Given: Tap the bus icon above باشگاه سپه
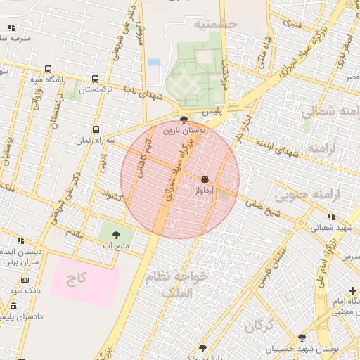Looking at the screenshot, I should (x=48, y=69).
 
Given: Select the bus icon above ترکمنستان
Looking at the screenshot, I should (x=95, y=79).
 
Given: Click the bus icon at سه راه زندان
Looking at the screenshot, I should (x=96, y=129).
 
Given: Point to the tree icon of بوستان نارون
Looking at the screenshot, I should (x=184, y=120).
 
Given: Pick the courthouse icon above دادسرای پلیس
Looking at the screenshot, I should (x=13, y=306).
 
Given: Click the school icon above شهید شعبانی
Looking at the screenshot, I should (x=331, y=217).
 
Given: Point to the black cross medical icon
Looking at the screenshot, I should (x=352, y=291).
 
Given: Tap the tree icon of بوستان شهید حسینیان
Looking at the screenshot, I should (x=302, y=338).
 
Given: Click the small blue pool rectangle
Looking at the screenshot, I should (x=154, y=62).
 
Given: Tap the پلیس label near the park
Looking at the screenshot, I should (x=212, y=112).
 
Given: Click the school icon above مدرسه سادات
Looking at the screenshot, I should (x=11, y=28).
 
